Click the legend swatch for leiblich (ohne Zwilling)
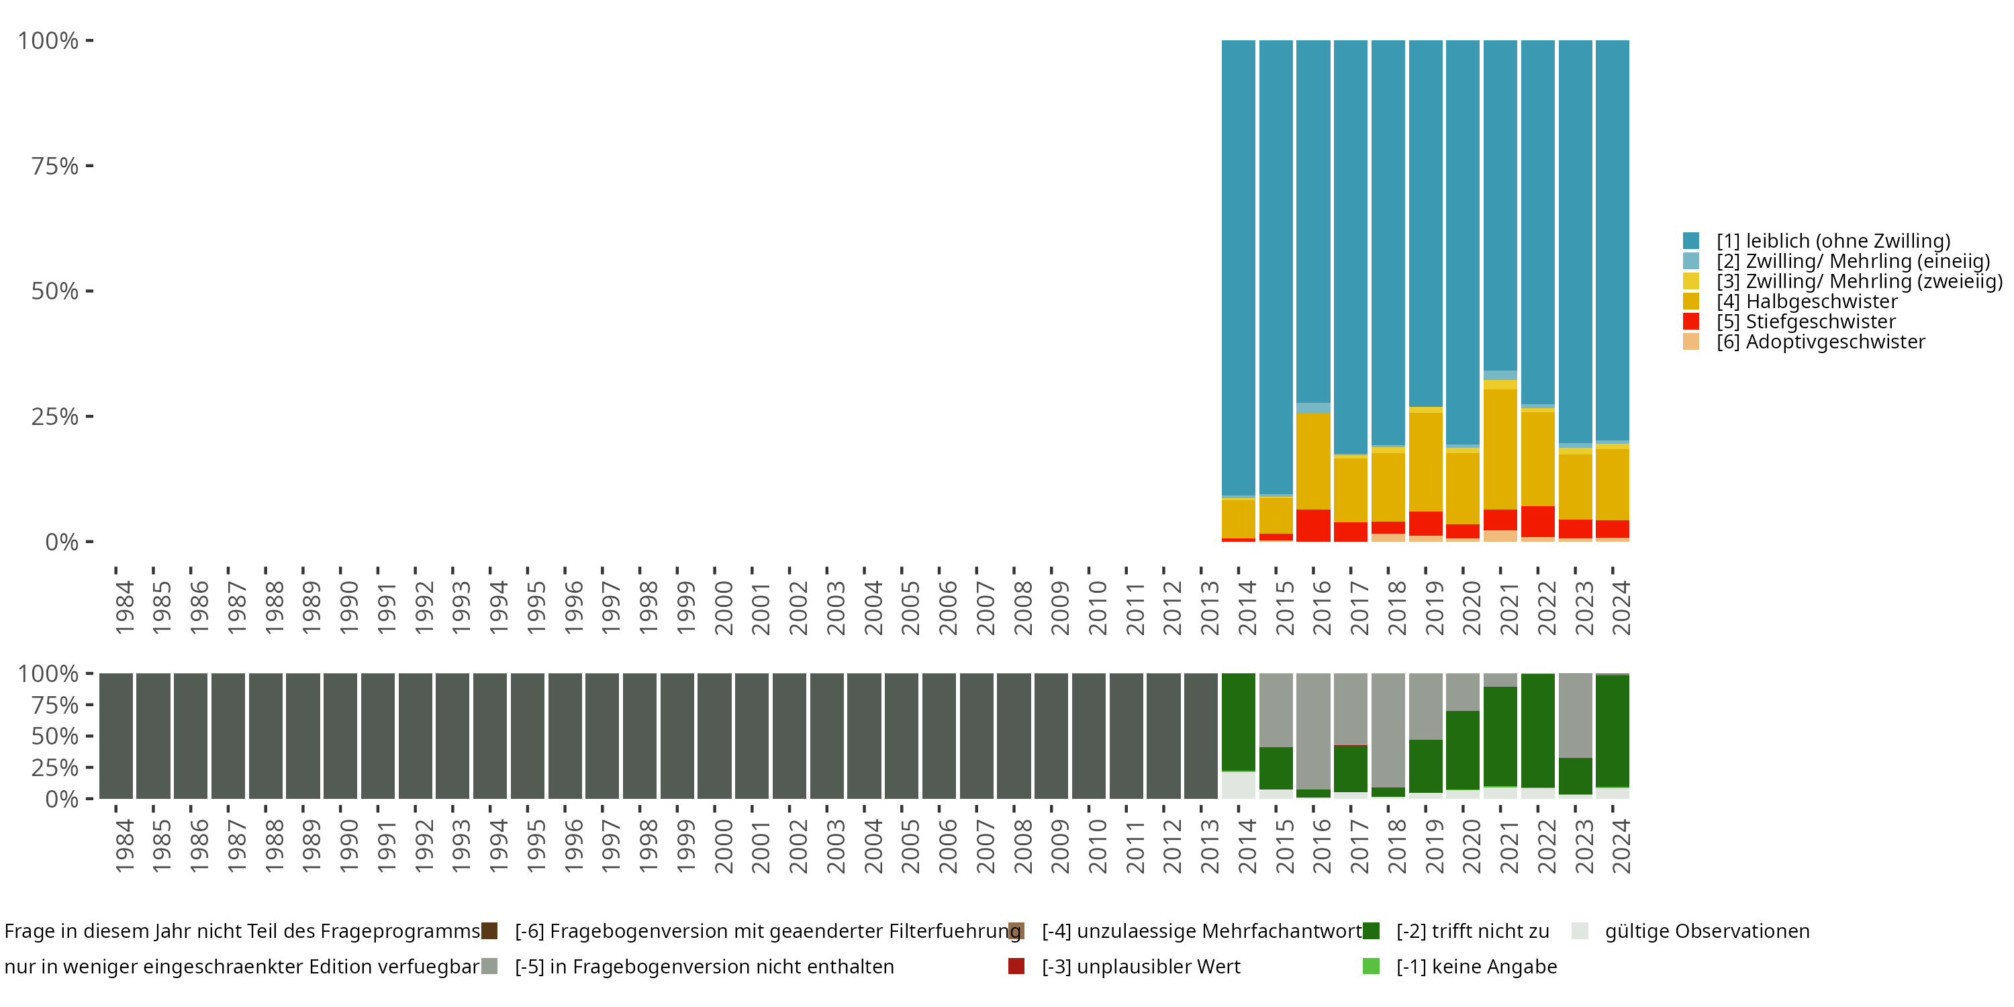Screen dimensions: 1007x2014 click(x=1690, y=241)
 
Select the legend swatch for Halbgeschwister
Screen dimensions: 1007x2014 click(x=1690, y=301)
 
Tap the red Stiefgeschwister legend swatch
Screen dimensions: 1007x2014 click(x=1690, y=322)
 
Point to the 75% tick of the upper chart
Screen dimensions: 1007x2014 click(x=89, y=166)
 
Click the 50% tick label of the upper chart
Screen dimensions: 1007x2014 click(x=55, y=291)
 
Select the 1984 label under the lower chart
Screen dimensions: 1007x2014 click(x=124, y=846)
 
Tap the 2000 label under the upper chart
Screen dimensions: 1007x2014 click(x=723, y=608)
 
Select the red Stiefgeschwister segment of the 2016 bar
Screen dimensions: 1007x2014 click(x=1314, y=526)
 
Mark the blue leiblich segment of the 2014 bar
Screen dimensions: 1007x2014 click(x=1239, y=266)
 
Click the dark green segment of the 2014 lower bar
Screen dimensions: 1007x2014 click(x=1239, y=722)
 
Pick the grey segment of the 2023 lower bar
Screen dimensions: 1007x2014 click(x=1576, y=714)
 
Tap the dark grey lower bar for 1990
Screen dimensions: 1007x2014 click(x=340, y=736)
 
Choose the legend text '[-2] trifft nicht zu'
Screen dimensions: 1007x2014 click(x=1472, y=931)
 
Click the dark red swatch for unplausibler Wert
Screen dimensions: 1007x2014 click(x=1016, y=966)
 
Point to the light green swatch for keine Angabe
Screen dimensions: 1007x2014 click(x=1371, y=966)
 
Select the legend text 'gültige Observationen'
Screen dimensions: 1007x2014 click(x=1707, y=931)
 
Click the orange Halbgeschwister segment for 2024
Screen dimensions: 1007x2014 click(x=1612, y=484)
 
